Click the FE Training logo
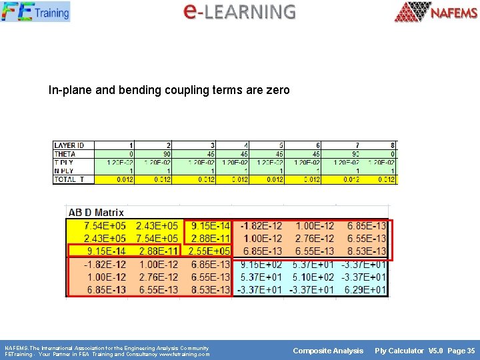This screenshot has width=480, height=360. (35, 11)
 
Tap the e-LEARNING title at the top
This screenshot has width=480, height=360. (239, 11)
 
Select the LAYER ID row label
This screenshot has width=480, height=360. (69, 145)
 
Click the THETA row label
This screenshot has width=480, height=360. (65, 154)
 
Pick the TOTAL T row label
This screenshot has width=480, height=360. (68, 179)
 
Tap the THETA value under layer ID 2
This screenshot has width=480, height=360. (167, 154)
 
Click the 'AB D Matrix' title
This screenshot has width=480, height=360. (96, 213)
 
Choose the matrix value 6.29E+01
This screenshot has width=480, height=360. (363, 289)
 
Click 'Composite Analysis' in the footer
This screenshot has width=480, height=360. (328, 351)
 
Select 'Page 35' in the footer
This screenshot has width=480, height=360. (461, 351)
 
